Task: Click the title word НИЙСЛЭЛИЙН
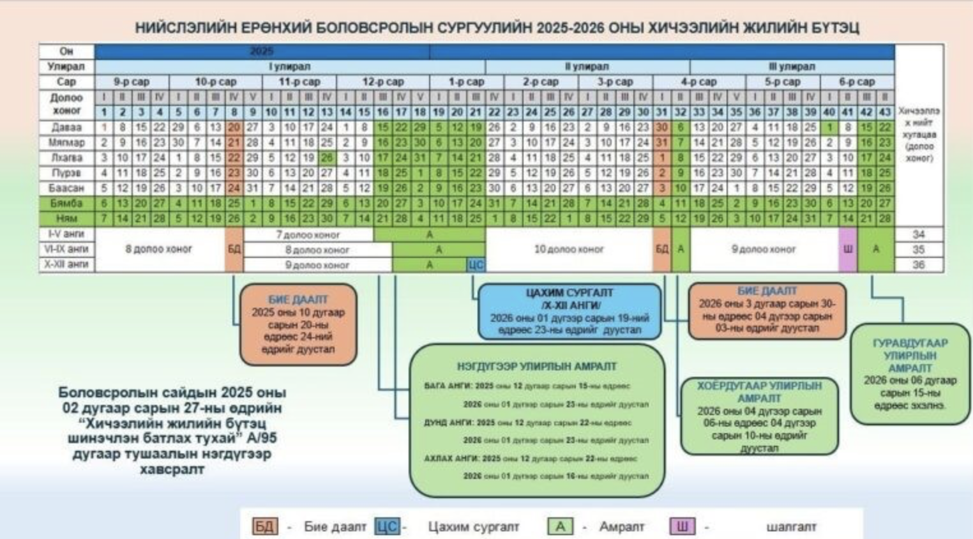point(182,28)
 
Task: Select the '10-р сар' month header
point(216,82)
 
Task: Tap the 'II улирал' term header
point(587,66)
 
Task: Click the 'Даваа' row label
point(66,127)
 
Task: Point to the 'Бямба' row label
point(66,203)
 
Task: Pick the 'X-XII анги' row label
point(66,264)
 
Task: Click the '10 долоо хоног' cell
point(568,249)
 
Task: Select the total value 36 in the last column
point(918,264)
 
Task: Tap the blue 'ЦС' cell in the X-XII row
point(476,264)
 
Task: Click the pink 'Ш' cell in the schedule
point(847,249)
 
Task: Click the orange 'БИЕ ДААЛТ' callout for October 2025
point(298,324)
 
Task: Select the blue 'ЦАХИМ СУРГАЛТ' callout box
point(569,311)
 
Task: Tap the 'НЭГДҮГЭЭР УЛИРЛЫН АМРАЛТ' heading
point(536,367)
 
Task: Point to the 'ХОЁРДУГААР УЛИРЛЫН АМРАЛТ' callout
point(758,416)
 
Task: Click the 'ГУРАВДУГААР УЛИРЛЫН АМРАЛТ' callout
point(910,374)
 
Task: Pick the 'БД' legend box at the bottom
point(265,527)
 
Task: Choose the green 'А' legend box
point(560,527)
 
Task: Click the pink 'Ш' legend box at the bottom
point(682,527)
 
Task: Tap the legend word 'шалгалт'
point(791,527)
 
